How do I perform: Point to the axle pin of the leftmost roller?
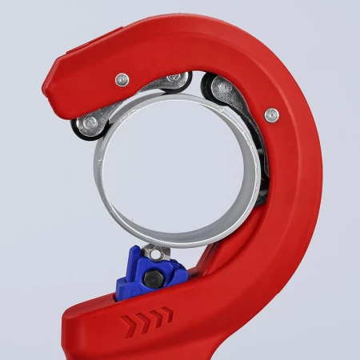(x=89, y=122)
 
